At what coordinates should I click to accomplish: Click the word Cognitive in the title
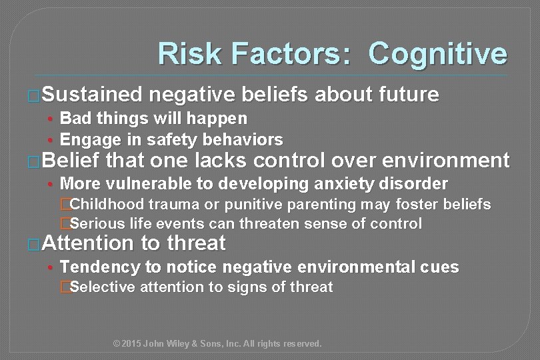[x=437, y=54]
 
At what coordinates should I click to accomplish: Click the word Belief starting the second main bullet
[x=71, y=161]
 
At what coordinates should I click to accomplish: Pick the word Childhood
[x=107, y=204]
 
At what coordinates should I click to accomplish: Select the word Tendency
[x=100, y=267]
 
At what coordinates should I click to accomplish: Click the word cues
[x=439, y=267]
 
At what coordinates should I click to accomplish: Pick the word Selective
[x=101, y=287]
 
